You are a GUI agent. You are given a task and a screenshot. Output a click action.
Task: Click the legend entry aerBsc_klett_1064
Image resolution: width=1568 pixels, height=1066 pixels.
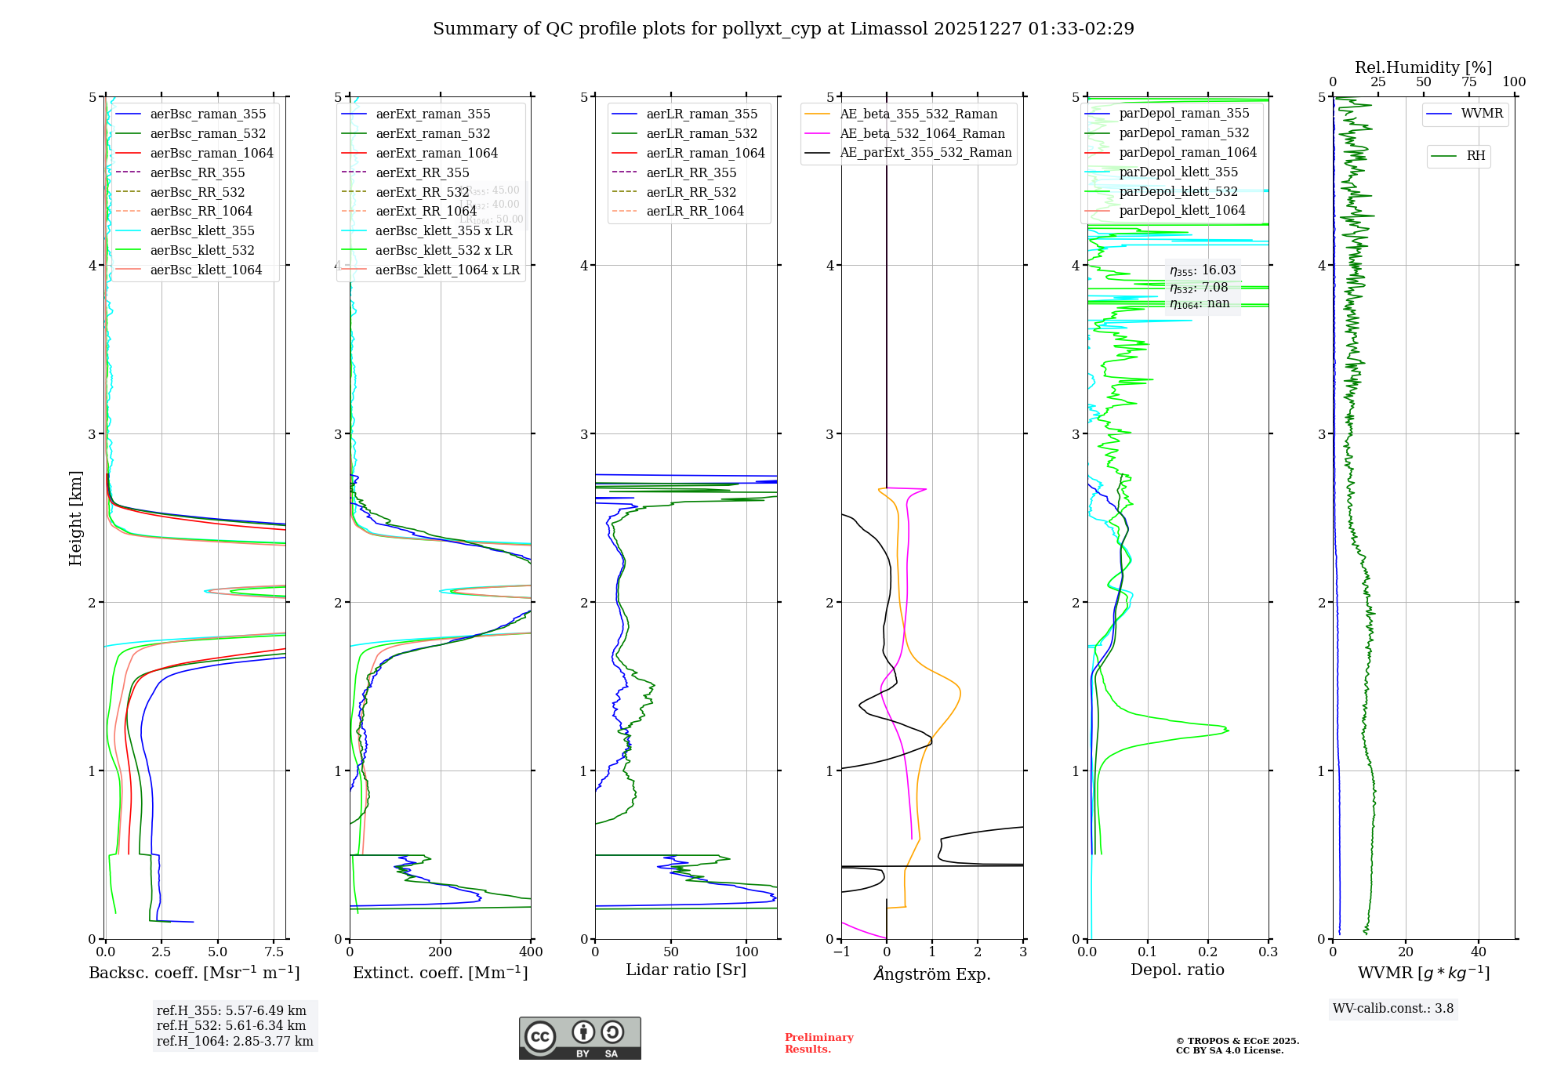coord(205,270)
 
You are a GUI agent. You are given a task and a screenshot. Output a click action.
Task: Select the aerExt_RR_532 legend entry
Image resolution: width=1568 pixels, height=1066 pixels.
coord(422,192)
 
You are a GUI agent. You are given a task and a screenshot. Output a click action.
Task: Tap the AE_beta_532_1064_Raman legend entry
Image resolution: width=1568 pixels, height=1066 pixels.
coord(922,133)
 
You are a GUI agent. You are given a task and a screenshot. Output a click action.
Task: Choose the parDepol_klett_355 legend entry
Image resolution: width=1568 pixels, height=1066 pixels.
coord(1178,172)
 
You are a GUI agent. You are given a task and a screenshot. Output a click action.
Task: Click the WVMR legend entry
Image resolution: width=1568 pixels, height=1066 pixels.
coord(1482,114)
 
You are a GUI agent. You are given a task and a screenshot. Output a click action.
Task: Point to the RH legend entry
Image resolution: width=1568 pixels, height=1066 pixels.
coord(1475,156)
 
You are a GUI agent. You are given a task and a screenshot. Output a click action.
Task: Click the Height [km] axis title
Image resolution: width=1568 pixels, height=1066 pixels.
coord(75,518)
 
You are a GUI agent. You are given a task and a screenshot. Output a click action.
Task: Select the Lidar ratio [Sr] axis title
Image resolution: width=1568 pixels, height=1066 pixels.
coord(686,970)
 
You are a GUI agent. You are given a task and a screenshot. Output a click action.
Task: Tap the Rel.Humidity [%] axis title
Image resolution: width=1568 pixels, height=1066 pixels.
coord(1423,67)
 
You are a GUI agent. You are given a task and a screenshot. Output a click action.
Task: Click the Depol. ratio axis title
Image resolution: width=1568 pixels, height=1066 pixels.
coord(1177,970)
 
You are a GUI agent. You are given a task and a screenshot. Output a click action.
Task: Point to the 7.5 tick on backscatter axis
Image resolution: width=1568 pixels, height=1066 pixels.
coord(274,952)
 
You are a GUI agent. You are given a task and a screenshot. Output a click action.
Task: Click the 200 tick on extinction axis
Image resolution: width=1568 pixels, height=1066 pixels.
coord(441,952)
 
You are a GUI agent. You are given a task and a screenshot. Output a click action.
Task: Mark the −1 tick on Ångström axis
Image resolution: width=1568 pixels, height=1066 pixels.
coord(841,952)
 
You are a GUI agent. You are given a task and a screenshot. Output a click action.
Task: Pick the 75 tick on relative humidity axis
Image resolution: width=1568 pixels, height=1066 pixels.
coord(1468,82)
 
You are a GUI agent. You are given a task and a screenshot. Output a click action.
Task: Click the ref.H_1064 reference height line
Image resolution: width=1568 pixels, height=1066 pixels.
coord(234,1042)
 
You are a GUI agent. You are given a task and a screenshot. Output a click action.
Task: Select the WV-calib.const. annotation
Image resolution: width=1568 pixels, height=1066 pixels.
coord(1393,1009)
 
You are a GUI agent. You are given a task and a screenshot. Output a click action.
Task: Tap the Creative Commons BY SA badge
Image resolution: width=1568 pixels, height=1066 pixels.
coord(579,1039)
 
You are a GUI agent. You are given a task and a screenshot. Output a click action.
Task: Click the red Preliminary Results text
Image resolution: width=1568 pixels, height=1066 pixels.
coord(818,1043)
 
